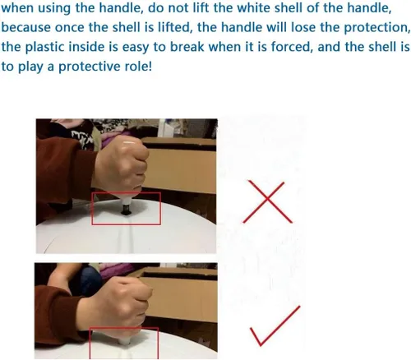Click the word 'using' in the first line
[x=54, y=8]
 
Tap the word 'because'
[x=26, y=27]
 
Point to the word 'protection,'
[x=377, y=28]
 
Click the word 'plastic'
[x=44, y=47]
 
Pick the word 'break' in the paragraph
[x=187, y=47]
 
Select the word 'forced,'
[x=292, y=47]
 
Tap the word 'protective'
[x=90, y=67]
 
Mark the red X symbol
[x=267, y=201]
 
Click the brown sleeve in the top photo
[x=63, y=175]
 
